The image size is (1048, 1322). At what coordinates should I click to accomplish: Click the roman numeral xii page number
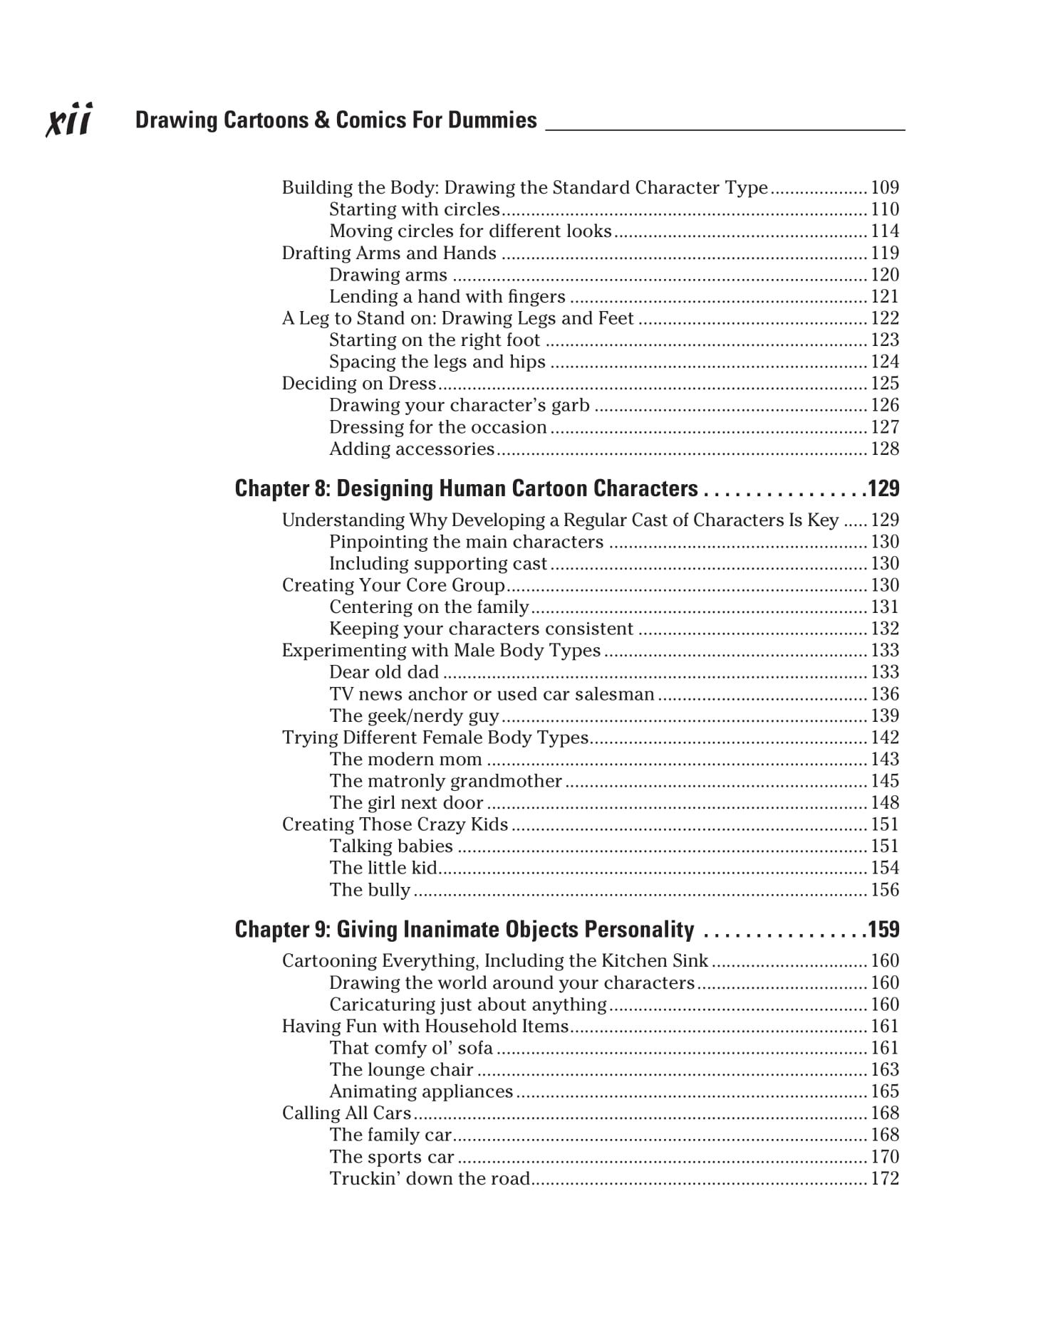[69, 120]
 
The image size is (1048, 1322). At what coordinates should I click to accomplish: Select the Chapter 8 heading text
[466, 488]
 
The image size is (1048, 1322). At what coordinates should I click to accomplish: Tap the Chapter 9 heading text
[464, 930]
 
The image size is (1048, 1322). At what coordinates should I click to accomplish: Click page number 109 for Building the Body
[885, 188]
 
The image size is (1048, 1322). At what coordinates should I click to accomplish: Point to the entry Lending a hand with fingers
[447, 297]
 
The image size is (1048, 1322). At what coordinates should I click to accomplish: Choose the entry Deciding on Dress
[358, 384]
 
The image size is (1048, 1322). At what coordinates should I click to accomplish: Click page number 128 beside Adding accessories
[885, 449]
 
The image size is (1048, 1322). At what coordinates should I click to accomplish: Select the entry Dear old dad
[383, 673]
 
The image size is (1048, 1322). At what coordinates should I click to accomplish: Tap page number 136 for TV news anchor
[885, 694]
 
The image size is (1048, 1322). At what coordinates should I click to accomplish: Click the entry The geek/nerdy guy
[414, 716]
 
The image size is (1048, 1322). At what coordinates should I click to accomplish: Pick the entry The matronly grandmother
[445, 781]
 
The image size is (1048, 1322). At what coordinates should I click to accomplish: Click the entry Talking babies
[390, 846]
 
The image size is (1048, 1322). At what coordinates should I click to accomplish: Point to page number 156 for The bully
[885, 890]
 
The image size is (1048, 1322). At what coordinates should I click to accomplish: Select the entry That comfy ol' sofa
[410, 1048]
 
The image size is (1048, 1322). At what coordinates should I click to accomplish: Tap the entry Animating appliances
[420, 1091]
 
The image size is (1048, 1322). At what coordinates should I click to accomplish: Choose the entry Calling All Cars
[346, 1113]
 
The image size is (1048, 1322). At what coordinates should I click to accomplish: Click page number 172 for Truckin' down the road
[885, 1179]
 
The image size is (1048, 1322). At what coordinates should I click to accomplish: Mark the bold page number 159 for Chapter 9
[883, 930]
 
